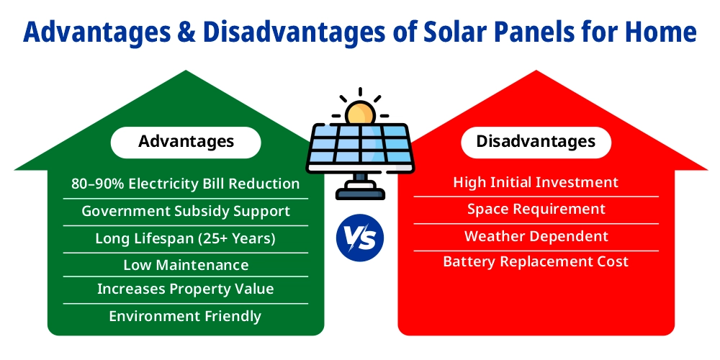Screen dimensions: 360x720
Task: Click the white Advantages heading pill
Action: (186, 142)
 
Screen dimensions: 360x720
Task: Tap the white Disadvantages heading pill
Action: (536, 142)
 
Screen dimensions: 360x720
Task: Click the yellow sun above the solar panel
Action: (359, 113)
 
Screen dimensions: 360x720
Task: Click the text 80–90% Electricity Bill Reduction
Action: (186, 184)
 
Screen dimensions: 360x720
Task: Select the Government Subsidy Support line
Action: (186, 211)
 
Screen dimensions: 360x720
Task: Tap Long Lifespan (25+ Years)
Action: (186, 238)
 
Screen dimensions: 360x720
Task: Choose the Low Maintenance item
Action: (186, 265)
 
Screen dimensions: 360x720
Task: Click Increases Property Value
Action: (186, 289)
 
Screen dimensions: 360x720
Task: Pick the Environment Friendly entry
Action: (186, 316)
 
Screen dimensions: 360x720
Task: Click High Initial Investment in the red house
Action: (536, 182)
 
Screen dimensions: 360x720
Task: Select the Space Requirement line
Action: (536, 209)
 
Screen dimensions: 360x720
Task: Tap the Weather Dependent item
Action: (536, 236)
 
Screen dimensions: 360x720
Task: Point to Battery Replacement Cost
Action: (536, 261)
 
